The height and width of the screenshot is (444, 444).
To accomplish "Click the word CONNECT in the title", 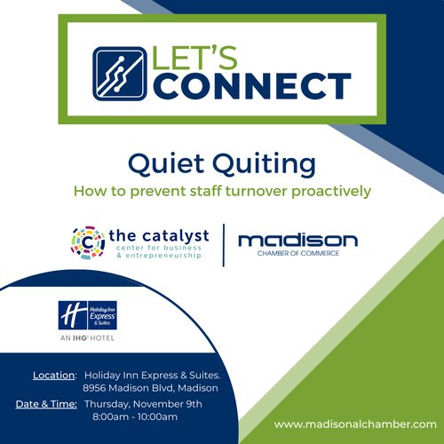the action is pyautogui.click(x=252, y=86).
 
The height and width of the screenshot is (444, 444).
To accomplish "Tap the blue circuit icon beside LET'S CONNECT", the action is pyautogui.click(x=120, y=74).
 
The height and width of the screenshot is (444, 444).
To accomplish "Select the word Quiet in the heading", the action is pyautogui.click(x=166, y=163).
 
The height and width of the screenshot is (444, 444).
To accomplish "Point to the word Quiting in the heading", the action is pyautogui.click(x=265, y=164).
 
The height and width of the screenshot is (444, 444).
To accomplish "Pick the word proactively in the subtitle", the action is pyautogui.click(x=331, y=192).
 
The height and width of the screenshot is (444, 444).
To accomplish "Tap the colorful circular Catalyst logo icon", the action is pyautogui.click(x=88, y=242).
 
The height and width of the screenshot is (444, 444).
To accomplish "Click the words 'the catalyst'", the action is pyautogui.click(x=159, y=236).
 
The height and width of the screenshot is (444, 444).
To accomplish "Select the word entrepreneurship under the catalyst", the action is pyautogui.click(x=163, y=256).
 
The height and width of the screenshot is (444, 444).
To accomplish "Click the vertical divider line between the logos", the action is pyautogui.click(x=224, y=245).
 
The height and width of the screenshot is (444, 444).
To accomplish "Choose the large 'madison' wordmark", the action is pyautogui.click(x=297, y=241).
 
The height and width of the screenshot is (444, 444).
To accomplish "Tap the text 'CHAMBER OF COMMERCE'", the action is pyautogui.click(x=298, y=253).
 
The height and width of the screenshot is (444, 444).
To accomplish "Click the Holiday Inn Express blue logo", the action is pyautogui.click(x=88, y=315).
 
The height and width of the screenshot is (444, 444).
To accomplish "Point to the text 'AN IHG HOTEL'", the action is pyautogui.click(x=87, y=338).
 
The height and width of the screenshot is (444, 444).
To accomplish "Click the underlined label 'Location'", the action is pyautogui.click(x=53, y=376).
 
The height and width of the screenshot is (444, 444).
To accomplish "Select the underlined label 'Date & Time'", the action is pyautogui.click(x=46, y=404).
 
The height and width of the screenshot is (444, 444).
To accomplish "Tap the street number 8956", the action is pyautogui.click(x=94, y=388).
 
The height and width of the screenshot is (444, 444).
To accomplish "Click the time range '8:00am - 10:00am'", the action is pyautogui.click(x=135, y=416).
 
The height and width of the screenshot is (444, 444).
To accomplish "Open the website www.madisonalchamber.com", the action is pyautogui.click(x=355, y=424).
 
